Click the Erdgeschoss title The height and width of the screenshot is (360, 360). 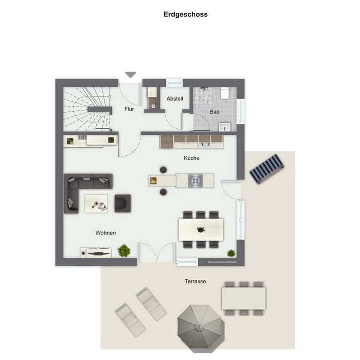click(185, 15)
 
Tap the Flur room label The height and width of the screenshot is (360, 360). click(129, 109)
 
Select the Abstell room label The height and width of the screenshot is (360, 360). click(175, 99)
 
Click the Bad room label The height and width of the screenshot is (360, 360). click(214, 112)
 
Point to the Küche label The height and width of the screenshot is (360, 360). click(191, 158)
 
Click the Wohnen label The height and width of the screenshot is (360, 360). click(105, 233)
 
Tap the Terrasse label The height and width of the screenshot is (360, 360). click(195, 281)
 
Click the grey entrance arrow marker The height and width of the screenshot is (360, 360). click(130, 75)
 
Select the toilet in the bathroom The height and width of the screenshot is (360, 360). click(225, 93)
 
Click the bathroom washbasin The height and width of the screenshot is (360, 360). click(225, 126)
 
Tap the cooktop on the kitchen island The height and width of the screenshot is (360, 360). click(195, 181)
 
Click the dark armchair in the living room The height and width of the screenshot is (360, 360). click(123, 203)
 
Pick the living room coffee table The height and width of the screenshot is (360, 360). click(96, 204)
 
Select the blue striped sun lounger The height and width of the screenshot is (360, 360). click(267, 168)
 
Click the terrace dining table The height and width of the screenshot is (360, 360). click(244, 298)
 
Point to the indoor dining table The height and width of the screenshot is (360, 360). click(201, 229)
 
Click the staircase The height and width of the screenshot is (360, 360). click(87, 109)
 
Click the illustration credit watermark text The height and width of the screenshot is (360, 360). click(222, 262)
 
